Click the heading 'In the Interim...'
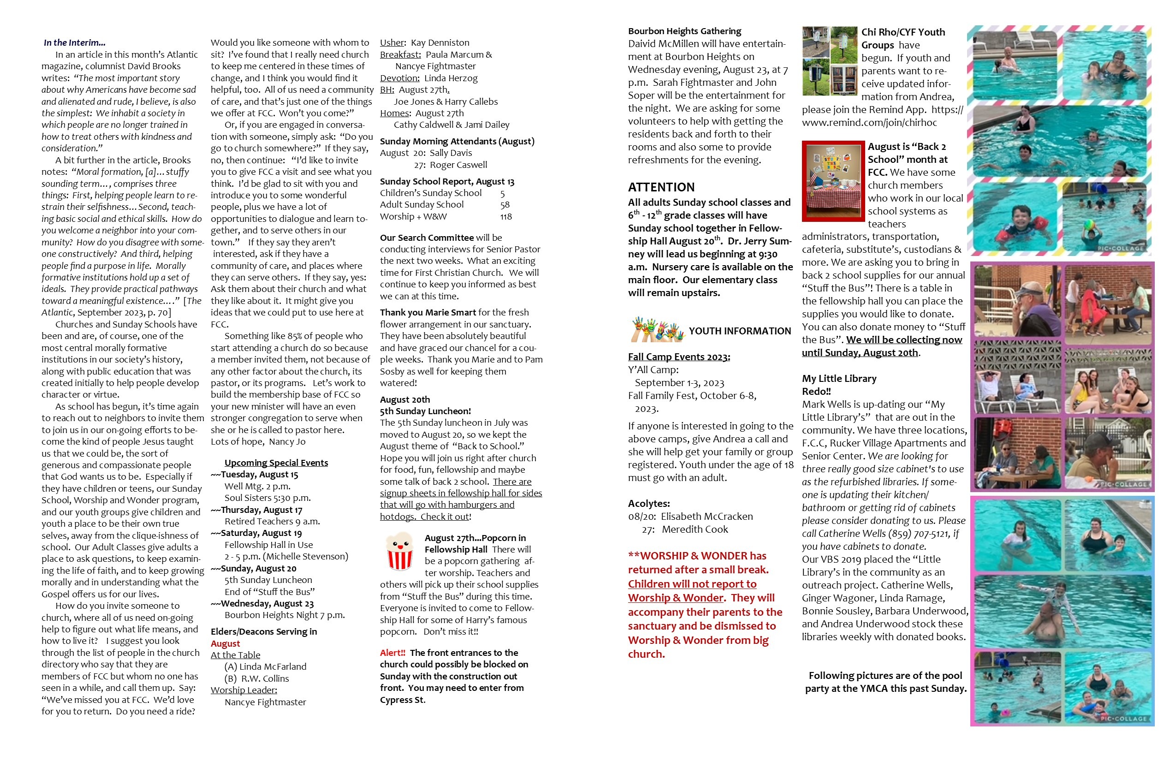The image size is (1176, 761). click(x=74, y=42)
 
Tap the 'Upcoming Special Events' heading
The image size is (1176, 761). click(x=276, y=463)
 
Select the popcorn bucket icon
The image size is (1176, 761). click(x=399, y=552)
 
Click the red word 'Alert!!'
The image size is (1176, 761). click(x=392, y=653)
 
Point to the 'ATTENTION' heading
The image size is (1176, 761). click(x=661, y=187)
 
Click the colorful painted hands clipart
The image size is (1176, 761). click(x=657, y=330)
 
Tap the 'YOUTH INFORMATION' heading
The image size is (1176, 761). click(x=740, y=331)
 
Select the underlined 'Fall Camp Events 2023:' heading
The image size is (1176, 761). click(x=679, y=357)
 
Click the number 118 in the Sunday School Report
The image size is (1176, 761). click(x=505, y=216)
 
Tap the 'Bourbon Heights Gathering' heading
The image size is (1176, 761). click(x=684, y=31)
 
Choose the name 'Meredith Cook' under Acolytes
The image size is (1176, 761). click(x=695, y=529)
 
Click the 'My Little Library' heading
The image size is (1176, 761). click(x=839, y=379)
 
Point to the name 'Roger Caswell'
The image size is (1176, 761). click(x=458, y=165)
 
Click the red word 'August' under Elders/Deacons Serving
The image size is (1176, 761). click(x=226, y=643)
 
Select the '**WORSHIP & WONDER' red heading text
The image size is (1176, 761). click(x=697, y=556)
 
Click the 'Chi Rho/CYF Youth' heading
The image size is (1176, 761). click(x=903, y=32)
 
